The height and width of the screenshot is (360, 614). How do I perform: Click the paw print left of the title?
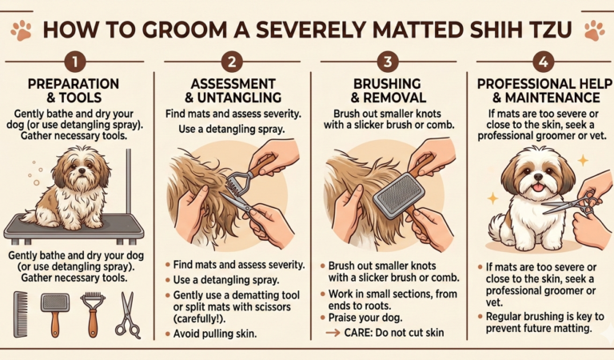point(21,30)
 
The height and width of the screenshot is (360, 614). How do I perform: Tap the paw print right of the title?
point(594,30)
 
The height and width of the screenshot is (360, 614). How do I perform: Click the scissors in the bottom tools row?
point(126,314)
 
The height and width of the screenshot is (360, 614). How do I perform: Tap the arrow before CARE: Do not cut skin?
point(333,334)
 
